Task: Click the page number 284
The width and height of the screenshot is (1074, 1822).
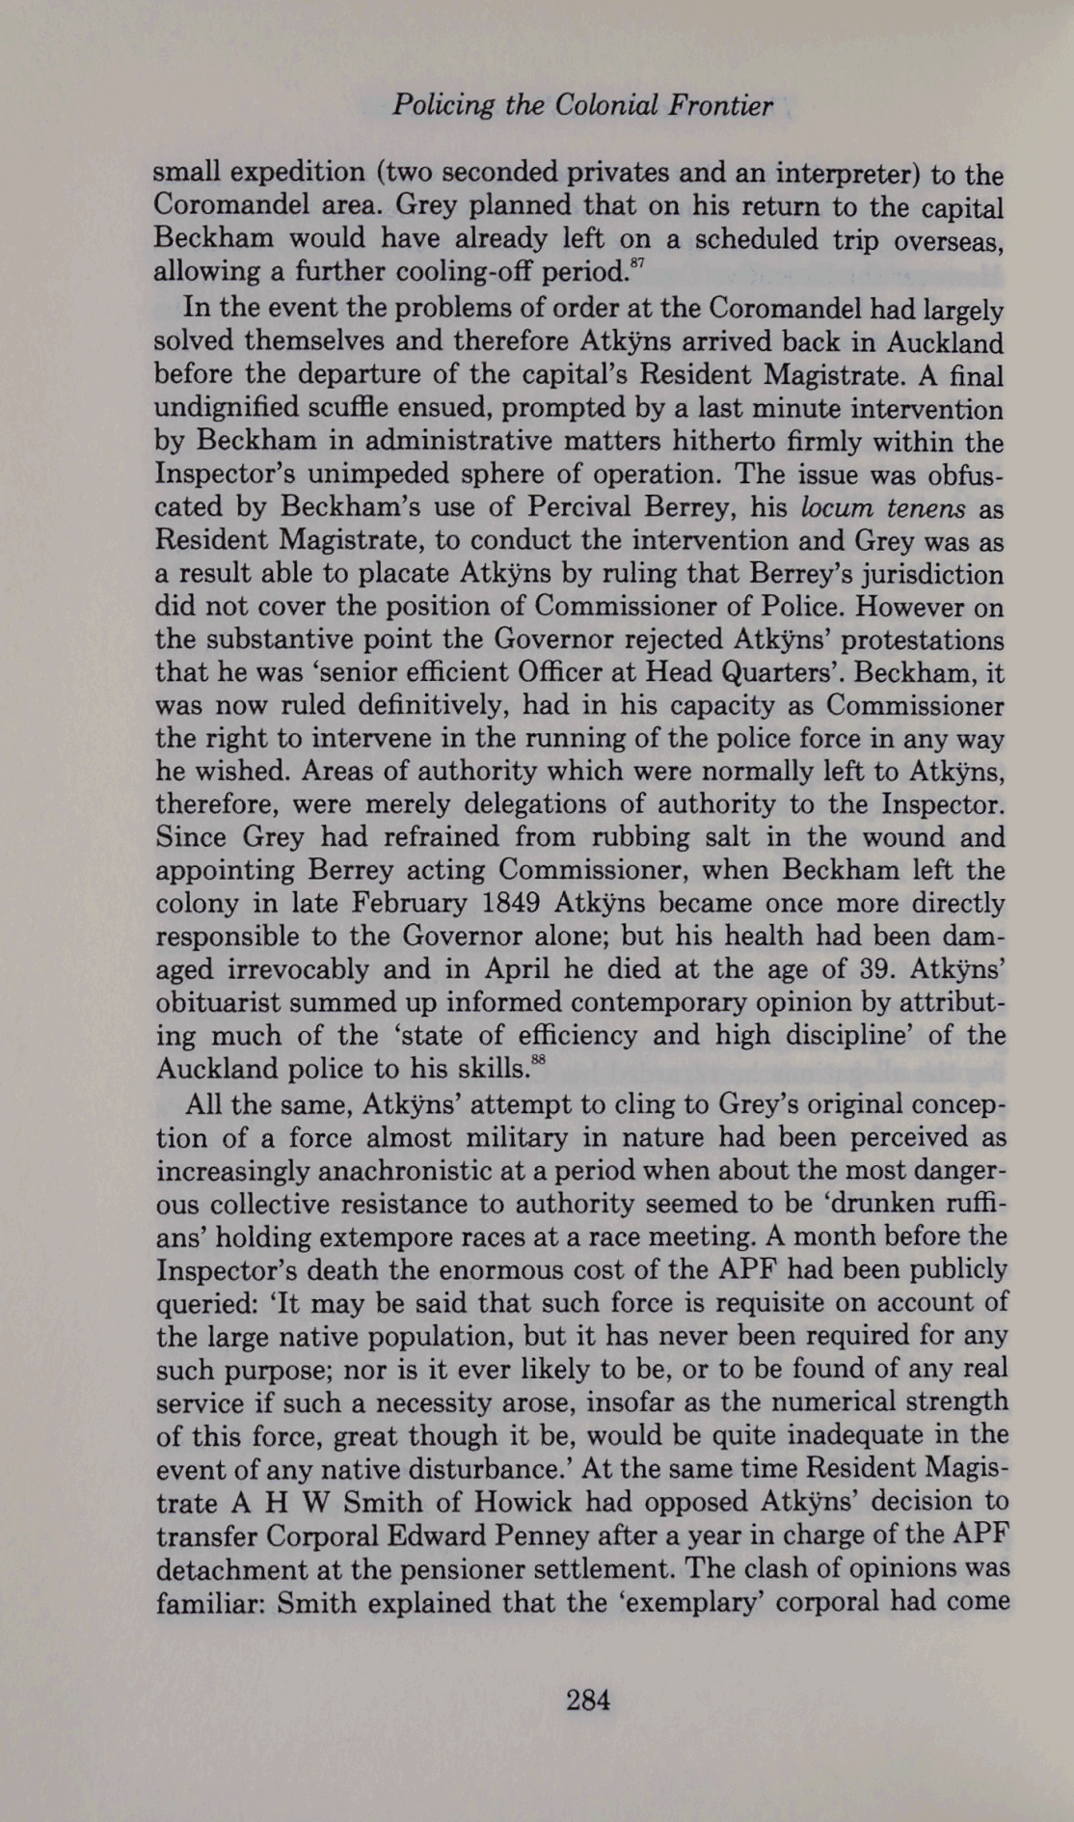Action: pyautogui.click(x=587, y=1700)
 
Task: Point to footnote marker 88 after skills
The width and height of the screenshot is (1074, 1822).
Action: pyautogui.click(x=539, y=1059)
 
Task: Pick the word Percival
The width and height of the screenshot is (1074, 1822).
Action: pyautogui.click(x=601, y=507)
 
